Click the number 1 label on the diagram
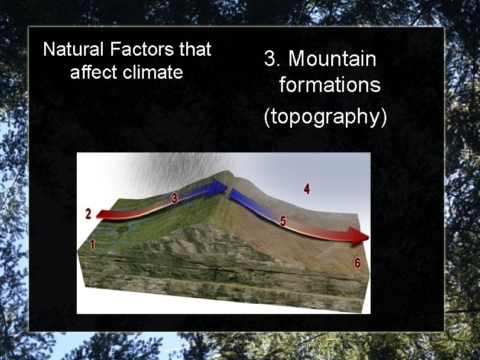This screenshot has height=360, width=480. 92,244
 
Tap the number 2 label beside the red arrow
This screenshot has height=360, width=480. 88,214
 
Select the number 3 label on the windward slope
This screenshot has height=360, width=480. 175,197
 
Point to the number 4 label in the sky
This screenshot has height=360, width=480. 307,189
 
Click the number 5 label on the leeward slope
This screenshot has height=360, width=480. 283,221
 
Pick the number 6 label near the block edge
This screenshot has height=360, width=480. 357,263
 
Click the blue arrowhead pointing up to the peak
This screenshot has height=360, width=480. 218,188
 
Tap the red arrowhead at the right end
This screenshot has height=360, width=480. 359,234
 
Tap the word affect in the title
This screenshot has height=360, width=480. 91,73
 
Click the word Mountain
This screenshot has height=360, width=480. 332,59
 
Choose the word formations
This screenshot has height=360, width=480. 329,85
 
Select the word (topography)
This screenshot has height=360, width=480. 325,116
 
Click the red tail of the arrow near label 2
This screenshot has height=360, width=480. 106,214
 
